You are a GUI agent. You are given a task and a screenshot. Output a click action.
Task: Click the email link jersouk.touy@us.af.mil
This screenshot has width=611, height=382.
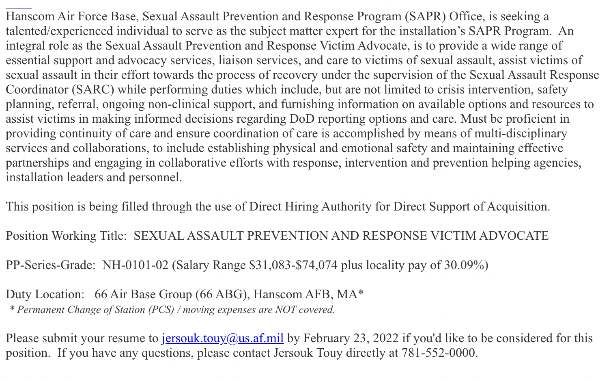coord(222,338)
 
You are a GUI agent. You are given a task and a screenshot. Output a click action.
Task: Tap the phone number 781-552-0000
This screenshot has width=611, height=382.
coord(439,353)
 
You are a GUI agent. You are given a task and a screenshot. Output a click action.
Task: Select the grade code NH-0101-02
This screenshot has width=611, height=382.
coord(135,265)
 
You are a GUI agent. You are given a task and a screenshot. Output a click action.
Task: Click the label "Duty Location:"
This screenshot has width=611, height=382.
coord(45,294)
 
